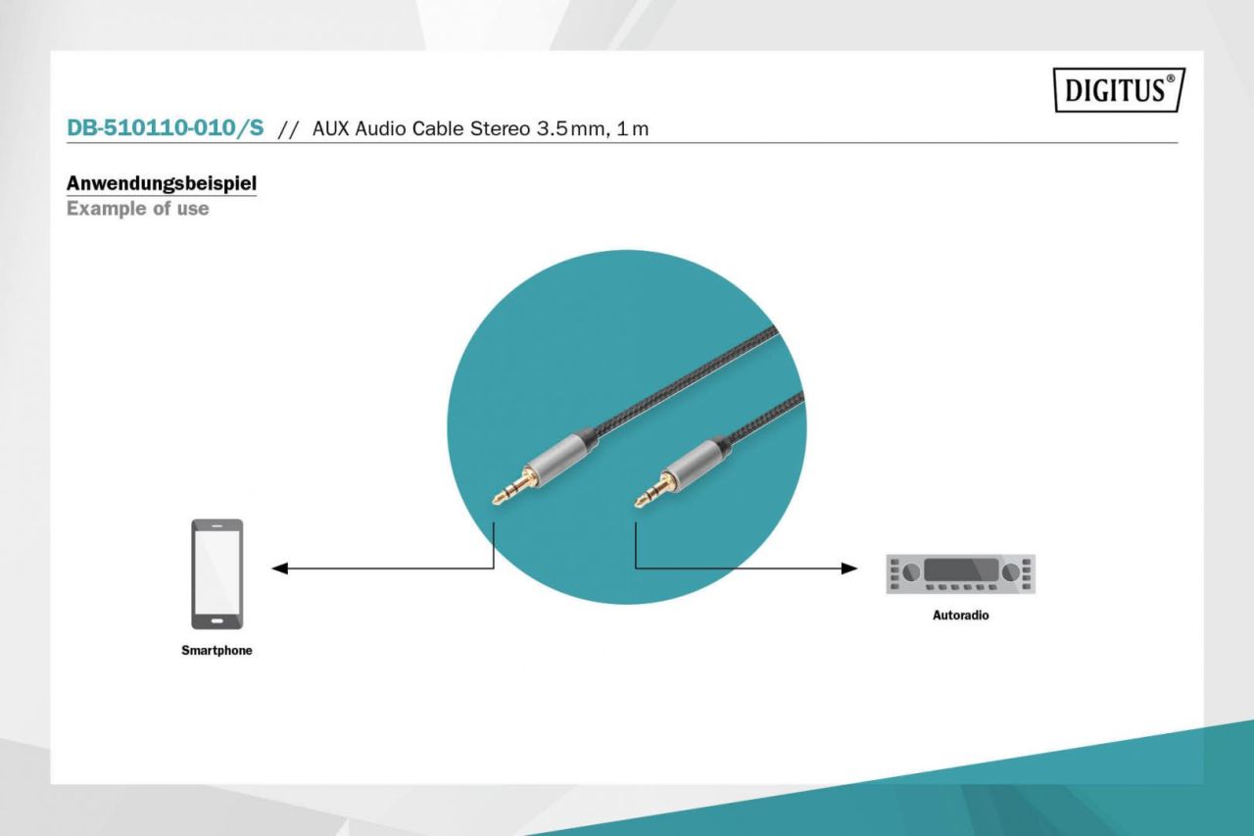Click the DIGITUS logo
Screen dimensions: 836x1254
click(1120, 91)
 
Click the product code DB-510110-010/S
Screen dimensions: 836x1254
click(165, 128)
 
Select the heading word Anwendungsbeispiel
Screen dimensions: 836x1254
click(162, 183)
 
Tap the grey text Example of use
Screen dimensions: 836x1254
click(137, 209)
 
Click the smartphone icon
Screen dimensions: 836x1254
click(217, 573)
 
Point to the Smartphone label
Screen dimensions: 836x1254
click(217, 650)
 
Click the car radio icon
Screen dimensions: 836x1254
click(960, 573)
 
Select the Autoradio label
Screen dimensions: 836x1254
click(960, 616)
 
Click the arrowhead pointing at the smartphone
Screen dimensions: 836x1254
click(279, 567)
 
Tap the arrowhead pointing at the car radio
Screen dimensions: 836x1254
click(849, 567)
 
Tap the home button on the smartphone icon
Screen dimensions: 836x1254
click(217, 619)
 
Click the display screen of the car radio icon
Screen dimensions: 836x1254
click(961, 569)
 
